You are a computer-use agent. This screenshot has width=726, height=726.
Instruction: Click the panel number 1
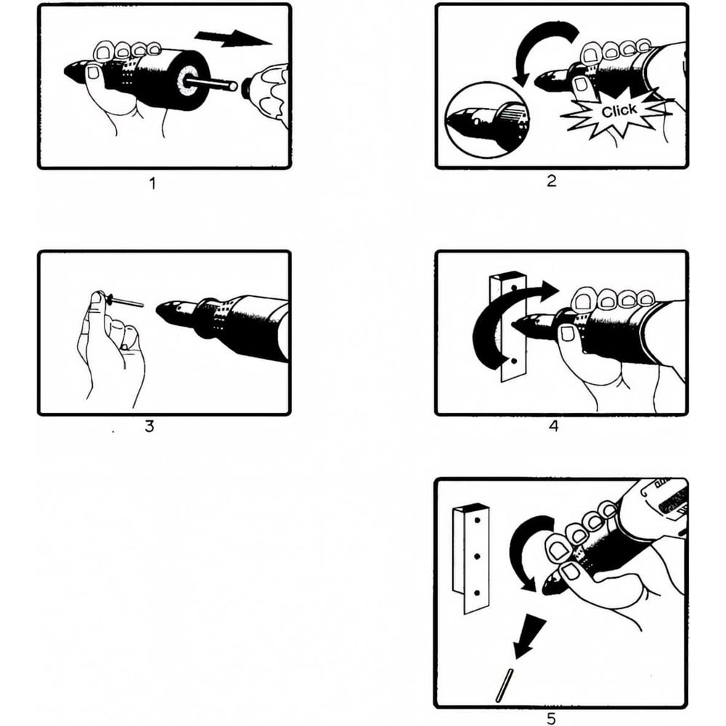[x=152, y=184]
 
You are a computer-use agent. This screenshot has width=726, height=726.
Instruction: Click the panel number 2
[x=551, y=181]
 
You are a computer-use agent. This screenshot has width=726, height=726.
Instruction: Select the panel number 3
[x=149, y=426]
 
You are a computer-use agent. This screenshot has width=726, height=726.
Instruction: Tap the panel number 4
[x=554, y=426]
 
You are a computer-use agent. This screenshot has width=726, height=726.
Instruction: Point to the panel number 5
[x=551, y=719]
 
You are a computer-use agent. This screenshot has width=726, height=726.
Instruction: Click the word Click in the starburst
[x=619, y=110]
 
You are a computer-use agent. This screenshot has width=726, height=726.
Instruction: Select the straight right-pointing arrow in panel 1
[x=233, y=38]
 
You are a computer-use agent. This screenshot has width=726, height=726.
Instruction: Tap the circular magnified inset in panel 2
[x=487, y=121]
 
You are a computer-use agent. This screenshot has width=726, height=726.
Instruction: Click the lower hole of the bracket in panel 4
[x=513, y=361]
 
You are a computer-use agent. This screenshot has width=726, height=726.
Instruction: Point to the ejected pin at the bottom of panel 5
[x=503, y=686]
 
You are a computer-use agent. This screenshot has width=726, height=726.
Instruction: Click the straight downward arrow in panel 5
[x=530, y=639]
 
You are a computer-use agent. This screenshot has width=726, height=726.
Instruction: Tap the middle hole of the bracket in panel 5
[x=476, y=556]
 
